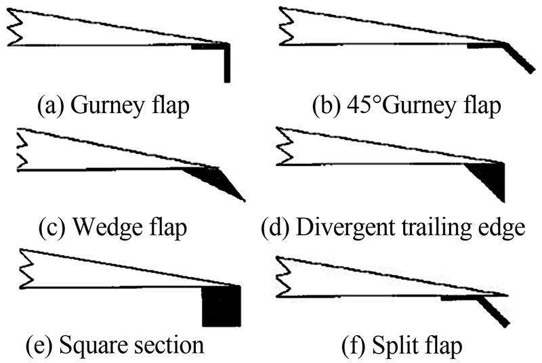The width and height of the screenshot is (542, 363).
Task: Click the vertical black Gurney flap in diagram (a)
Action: pos(227,64)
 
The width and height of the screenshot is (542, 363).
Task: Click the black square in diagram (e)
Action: pos(221,306)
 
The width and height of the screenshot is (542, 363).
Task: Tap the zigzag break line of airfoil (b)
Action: pos(285,27)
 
